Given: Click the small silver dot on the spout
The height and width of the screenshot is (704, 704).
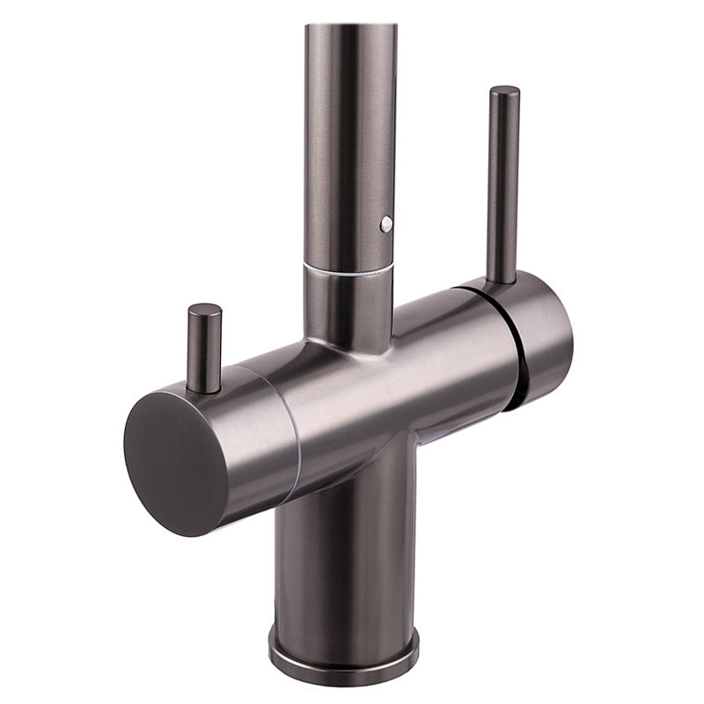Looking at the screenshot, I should pos(385,224).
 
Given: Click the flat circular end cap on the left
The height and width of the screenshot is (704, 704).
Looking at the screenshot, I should pos(172,462).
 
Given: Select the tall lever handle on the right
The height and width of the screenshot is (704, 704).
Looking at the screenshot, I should pos(503,185).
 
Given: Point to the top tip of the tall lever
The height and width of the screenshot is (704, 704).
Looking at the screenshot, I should pos(504,90).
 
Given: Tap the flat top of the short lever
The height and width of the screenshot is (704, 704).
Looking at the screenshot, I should pos(204,310).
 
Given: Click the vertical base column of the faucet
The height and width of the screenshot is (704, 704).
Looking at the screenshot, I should pos(343,563).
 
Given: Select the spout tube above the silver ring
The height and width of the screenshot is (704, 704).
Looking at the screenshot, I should pos(349,132).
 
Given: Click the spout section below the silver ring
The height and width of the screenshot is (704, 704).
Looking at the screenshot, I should pos(348,304).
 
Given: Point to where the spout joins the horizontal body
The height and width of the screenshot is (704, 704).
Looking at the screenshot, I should pos(348,343).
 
